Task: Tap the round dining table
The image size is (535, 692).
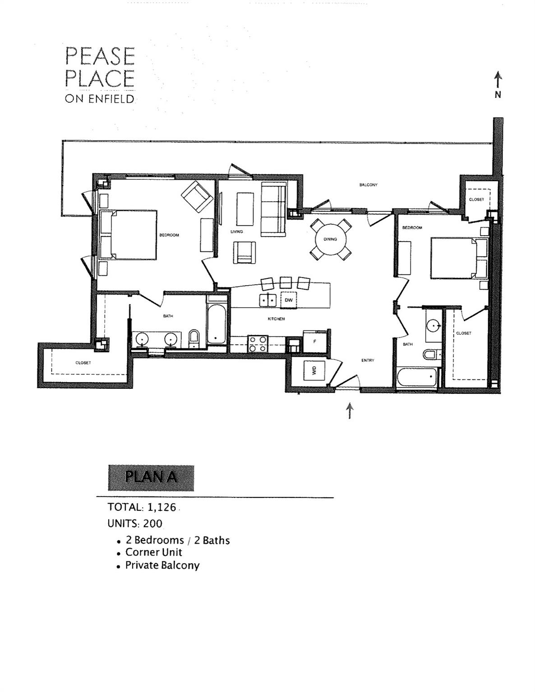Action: pos(330,239)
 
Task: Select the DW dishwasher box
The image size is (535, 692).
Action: pos(289,300)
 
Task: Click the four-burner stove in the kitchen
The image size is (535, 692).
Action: pos(258,344)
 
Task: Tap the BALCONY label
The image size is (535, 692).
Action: pos(368,185)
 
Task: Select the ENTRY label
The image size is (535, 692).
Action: pos(368,360)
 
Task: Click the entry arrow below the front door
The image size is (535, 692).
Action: pos(350,410)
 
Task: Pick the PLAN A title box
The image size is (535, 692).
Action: pos(151,478)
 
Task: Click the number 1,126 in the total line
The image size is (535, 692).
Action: pos(161,507)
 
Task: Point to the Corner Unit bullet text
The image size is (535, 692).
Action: pos(153,552)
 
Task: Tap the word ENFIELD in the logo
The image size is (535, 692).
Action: pos(113,99)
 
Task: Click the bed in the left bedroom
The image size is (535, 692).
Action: pos(128,235)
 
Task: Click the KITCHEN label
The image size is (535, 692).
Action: pos(276,319)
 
